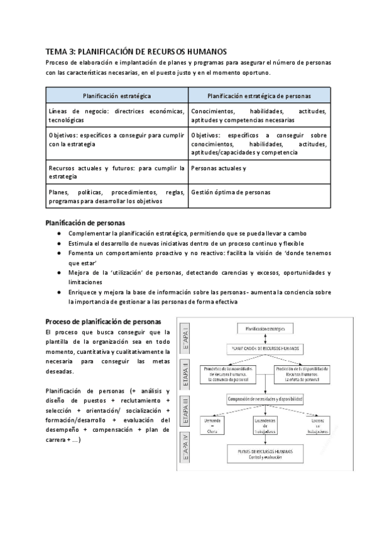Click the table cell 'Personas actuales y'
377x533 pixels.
coord(219,168)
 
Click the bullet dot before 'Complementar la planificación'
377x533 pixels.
coord(58,233)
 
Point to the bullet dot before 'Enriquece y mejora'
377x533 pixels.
coord(58,292)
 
